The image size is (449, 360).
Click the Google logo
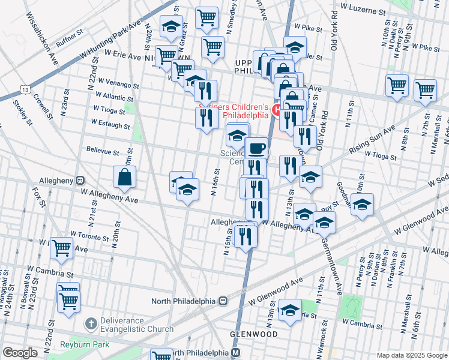pyautogui.click(x=20, y=353)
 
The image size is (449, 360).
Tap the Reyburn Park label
pyautogui.click(x=84, y=344)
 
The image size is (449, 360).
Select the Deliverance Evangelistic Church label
pyautogui.click(x=137, y=325)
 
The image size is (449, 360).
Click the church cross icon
pyautogui.click(x=90, y=324)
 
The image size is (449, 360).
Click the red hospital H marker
pyautogui.click(x=277, y=109)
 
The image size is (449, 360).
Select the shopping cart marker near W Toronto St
pyautogui.click(x=62, y=247)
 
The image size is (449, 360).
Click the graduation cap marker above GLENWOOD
pyautogui.click(x=291, y=310)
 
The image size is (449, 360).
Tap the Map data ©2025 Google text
pyautogui.click(x=412, y=355)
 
